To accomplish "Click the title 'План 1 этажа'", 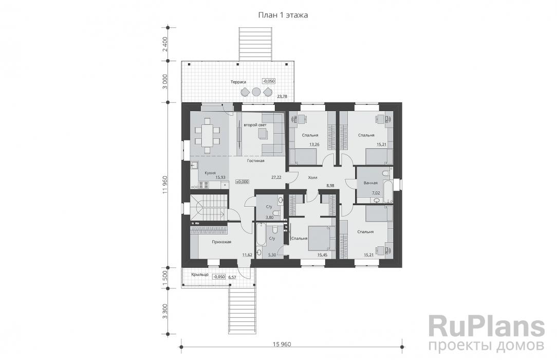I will (x=283, y=15).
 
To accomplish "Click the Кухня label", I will (x=210, y=173).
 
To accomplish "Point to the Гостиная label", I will (x=255, y=161).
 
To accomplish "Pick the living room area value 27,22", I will (x=276, y=176).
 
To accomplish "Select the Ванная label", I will (x=370, y=183).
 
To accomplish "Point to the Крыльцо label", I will (x=199, y=275).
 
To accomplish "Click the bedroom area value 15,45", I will (x=322, y=255).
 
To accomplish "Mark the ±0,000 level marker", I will (x=242, y=182).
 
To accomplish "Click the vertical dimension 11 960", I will (x=165, y=185).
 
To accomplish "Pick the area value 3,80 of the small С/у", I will (x=269, y=218).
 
